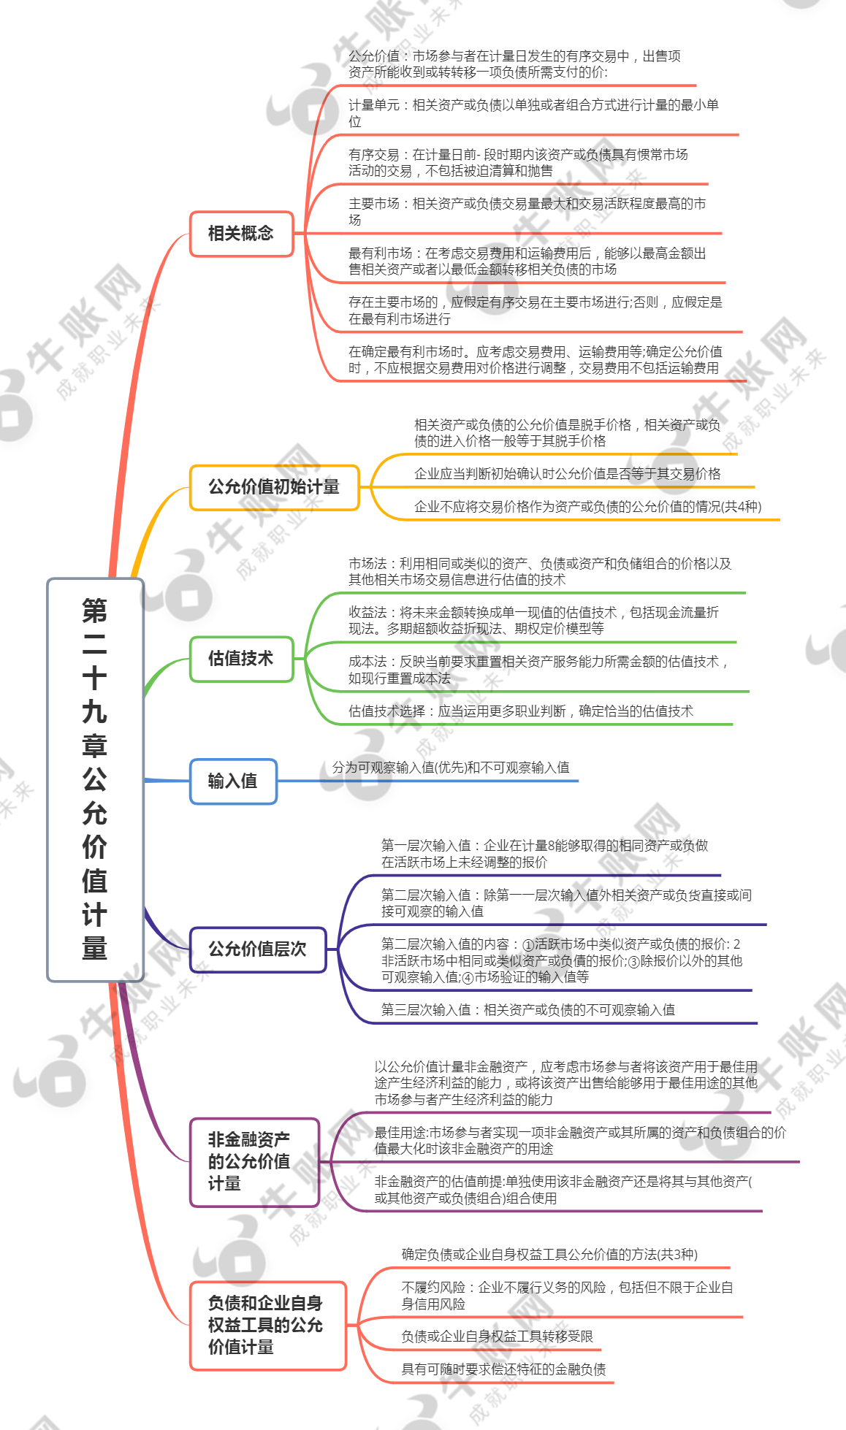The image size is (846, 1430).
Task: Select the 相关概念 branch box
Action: (241, 234)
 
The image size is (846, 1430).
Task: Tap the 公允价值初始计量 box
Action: (274, 487)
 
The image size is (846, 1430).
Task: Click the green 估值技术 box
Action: (241, 659)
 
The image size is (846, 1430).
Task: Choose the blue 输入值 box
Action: (233, 781)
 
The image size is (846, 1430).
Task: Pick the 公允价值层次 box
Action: (257, 949)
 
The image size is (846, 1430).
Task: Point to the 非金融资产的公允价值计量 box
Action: (254, 1162)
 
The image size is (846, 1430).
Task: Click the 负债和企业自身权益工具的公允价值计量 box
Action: (267, 1326)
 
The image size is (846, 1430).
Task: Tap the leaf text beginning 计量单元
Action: (533, 113)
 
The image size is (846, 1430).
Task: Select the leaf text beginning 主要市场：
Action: (527, 212)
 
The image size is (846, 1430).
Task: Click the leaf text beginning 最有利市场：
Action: (527, 261)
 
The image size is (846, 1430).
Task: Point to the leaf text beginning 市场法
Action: (540, 572)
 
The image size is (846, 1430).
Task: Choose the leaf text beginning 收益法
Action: (533, 621)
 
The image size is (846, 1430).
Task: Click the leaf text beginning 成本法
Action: (538, 670)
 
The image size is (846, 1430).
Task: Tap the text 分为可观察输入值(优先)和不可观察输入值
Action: (451, 768)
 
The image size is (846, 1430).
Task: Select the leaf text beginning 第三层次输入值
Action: (528, 1010)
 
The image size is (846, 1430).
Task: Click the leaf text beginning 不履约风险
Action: (567, 1296)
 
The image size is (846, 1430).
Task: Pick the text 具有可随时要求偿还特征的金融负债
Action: (503, 1369)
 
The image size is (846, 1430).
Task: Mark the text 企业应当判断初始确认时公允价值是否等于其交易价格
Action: (568, 474)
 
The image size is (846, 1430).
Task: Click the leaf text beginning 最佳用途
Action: (581, 1141)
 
